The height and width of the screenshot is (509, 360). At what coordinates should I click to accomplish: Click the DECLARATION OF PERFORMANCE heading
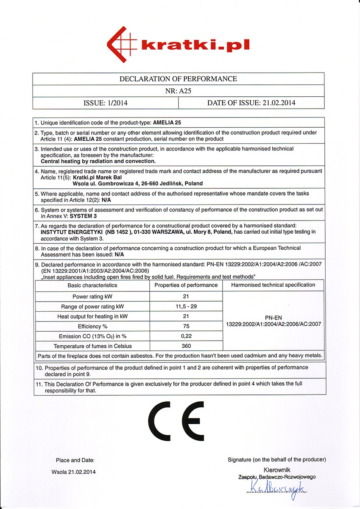tap(178, 79)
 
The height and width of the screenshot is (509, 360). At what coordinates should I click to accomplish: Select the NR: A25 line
tap(178, 91)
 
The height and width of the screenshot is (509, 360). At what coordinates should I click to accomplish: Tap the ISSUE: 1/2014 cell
tap(105, 103)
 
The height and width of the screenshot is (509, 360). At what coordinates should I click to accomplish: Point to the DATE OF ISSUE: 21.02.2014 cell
tap(251, 103)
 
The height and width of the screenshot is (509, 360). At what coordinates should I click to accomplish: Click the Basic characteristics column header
tap(92, 285)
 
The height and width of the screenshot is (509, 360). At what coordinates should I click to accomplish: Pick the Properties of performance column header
tap(186, 285)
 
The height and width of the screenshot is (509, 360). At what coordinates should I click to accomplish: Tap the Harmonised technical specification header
tap(273, 285)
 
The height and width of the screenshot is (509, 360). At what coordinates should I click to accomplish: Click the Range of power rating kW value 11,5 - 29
tap(186, 306)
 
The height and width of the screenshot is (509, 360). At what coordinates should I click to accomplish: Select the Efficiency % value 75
tap(186, 326)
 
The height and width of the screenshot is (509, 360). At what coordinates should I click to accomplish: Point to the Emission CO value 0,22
tap(186, 336)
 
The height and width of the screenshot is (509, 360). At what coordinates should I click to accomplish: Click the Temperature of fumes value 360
tap(186, 346)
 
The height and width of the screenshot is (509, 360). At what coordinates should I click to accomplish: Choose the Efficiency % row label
tap(92, 326)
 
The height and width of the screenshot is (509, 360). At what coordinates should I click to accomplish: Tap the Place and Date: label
tap(75, 460)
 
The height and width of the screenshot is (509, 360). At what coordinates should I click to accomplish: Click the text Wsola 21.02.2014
tap(73, 472)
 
